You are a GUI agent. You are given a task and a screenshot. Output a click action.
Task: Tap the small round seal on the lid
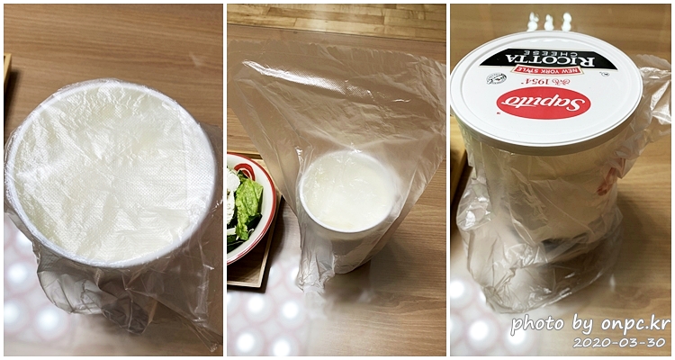[497, 79]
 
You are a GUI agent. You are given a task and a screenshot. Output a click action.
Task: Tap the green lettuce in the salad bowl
[247, 207]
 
